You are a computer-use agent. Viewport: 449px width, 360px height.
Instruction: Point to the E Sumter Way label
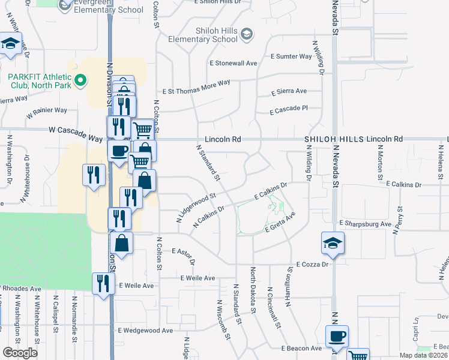coord(291,56)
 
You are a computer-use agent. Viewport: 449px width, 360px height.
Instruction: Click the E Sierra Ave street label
coord(289,92)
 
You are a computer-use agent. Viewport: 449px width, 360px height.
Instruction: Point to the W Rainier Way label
coord(47,110)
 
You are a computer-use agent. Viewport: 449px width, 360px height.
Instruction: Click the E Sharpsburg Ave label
coord(365,223)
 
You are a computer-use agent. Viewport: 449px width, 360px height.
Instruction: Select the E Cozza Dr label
coord(313,264)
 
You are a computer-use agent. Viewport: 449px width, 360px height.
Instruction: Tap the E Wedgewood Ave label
coord(145,330)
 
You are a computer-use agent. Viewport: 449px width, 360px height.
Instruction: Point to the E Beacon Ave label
coord(301,348)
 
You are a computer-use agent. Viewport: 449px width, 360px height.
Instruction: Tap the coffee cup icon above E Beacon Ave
coord(337,336)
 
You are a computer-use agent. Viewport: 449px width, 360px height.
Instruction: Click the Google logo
coord(20,353)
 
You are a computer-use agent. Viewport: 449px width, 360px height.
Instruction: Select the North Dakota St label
coord(253,288)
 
